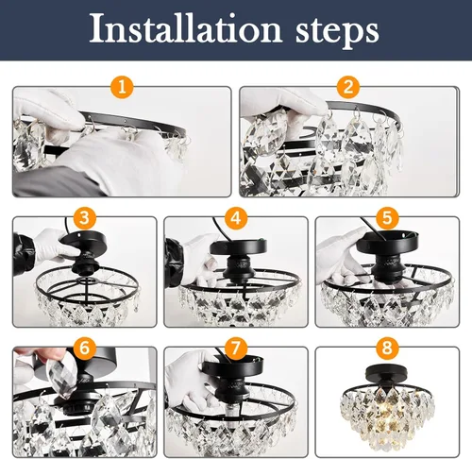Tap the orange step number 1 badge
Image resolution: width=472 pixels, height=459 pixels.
point(121,89)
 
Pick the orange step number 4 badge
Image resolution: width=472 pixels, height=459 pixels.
point(234,218)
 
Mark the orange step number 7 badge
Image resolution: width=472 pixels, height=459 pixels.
point(234,348)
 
